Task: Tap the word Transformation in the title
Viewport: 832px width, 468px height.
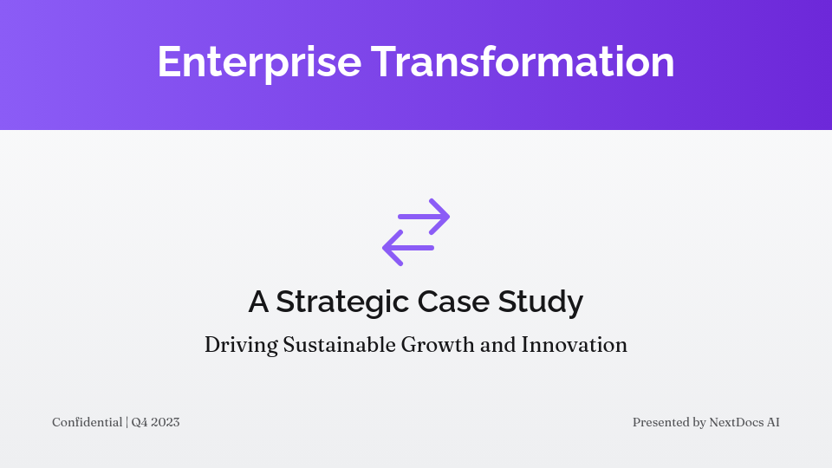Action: click(x=523, y=62)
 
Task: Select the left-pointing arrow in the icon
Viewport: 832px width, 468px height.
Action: click(x=408, y=248)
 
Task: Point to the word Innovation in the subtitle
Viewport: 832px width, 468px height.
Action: click(x=574, y=345)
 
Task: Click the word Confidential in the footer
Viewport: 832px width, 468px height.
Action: click(x=87, y=423)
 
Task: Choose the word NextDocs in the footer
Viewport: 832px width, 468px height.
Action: click(x=736, y=423)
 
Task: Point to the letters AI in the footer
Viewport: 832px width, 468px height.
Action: click(x=773, y=423)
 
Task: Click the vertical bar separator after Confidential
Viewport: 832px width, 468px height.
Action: click(x=127, y=423)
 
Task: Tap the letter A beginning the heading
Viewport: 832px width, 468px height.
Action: click(x=258, y=302)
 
